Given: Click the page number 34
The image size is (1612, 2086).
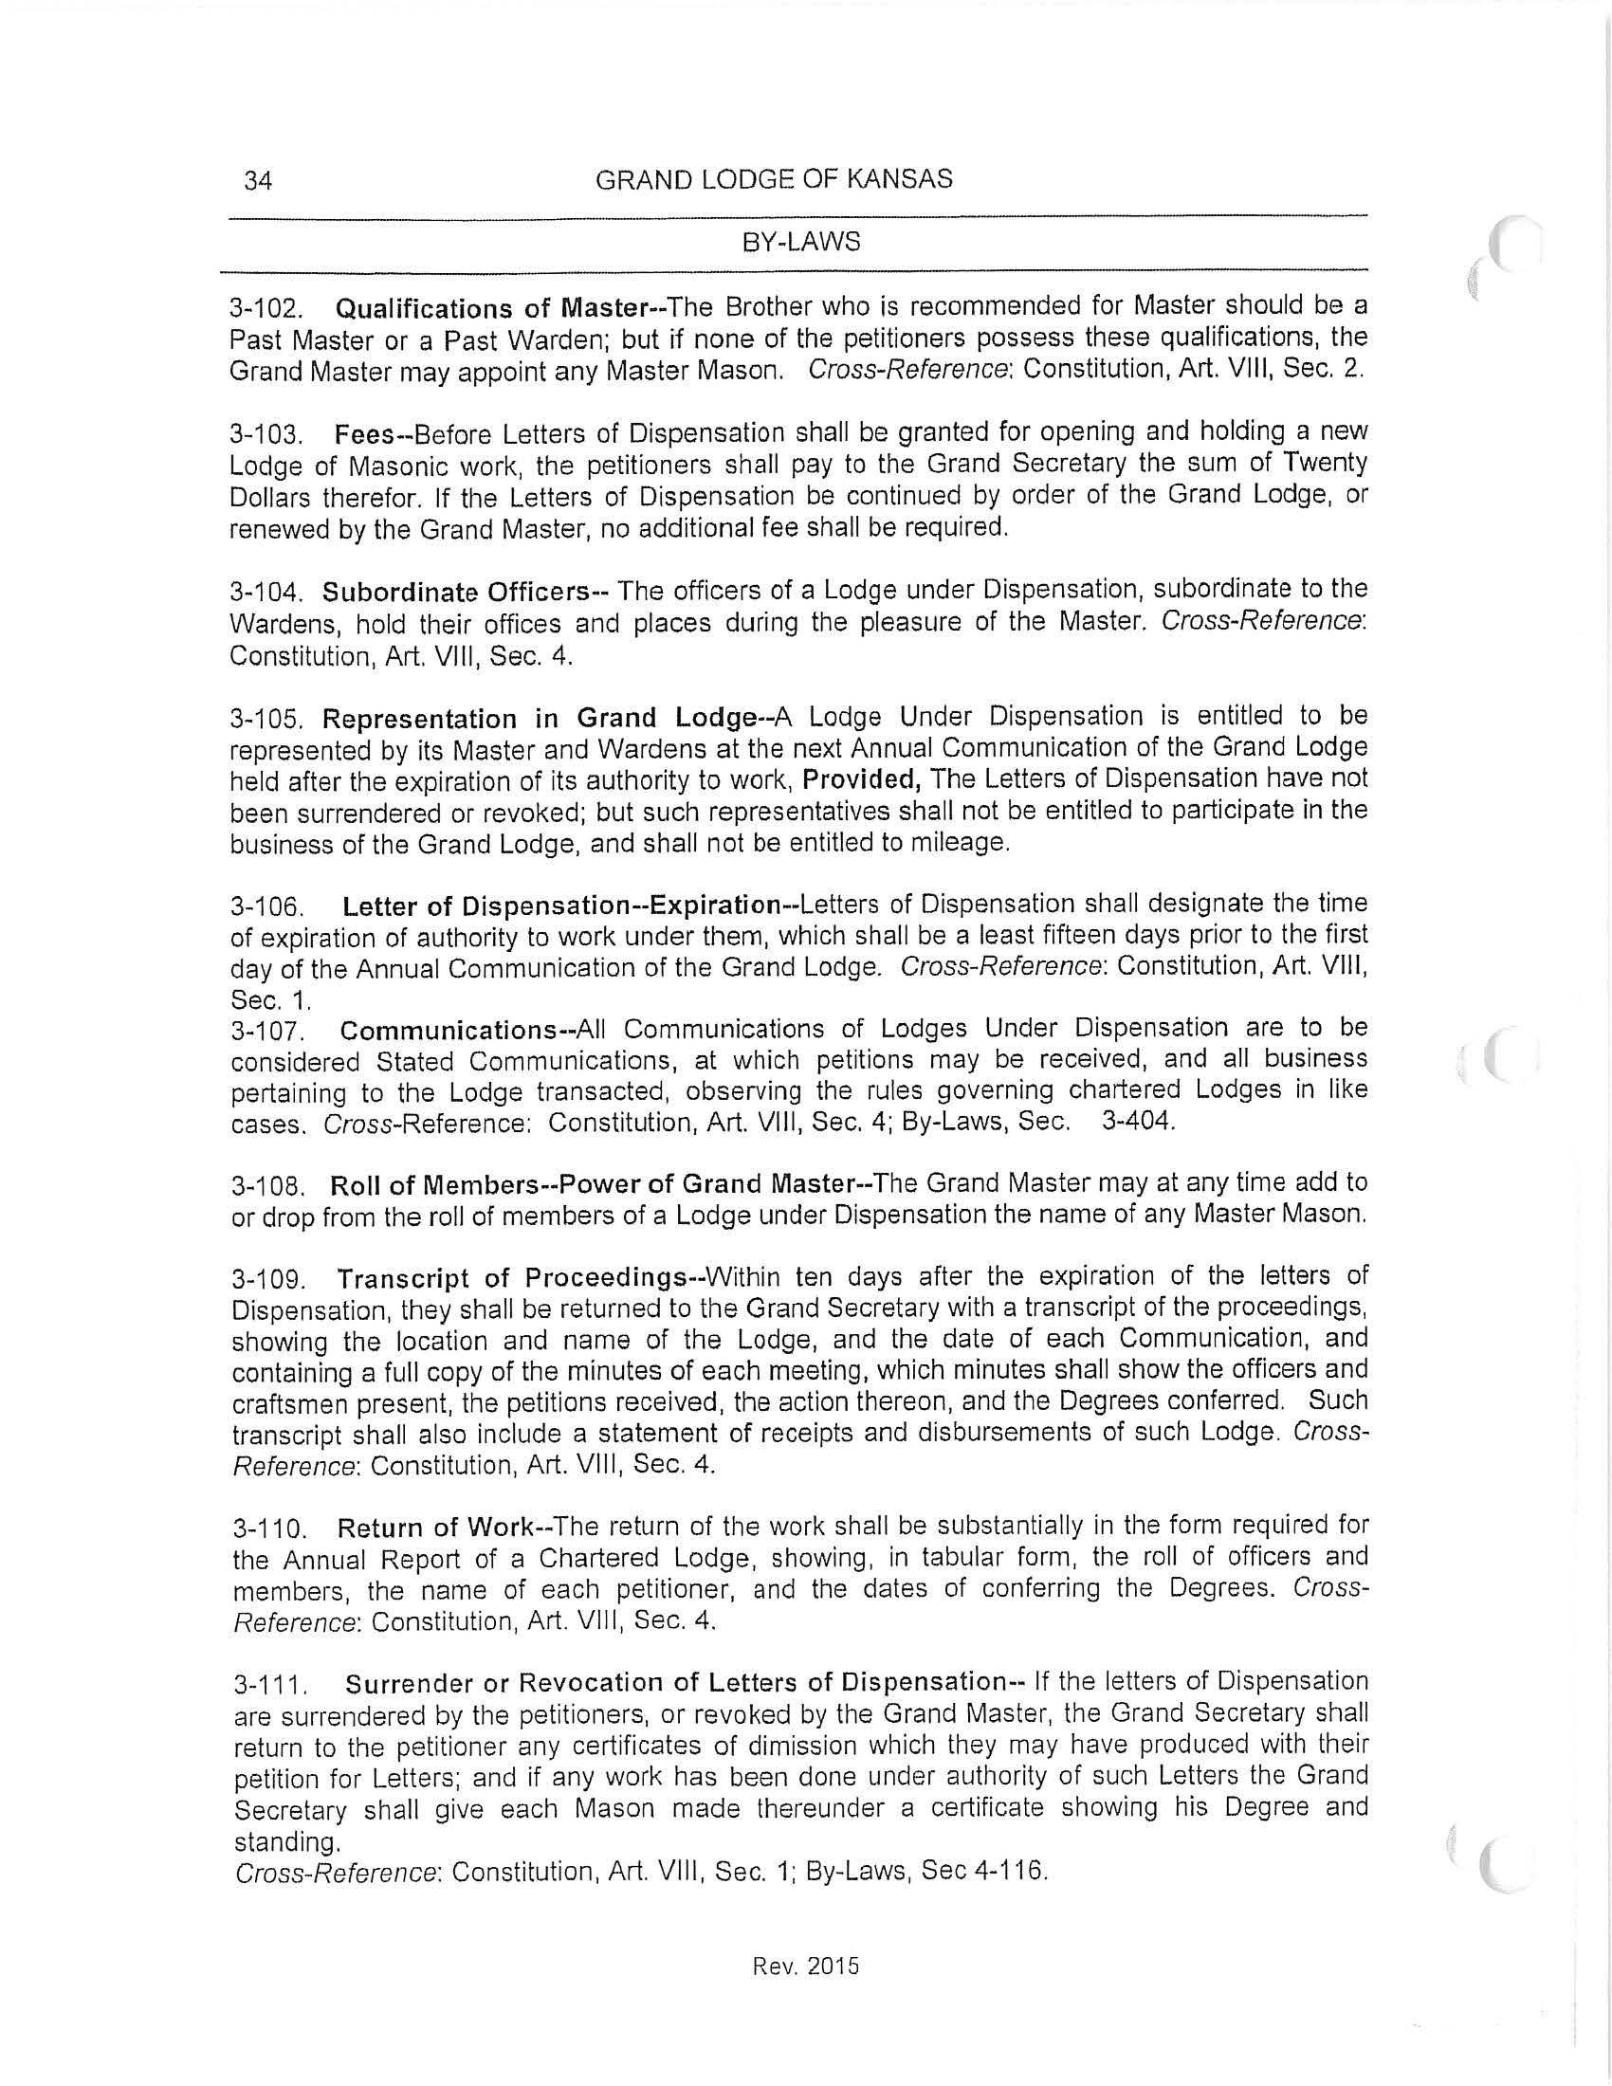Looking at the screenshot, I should click(258, 180).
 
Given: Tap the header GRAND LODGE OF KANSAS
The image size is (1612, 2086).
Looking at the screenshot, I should click(774, 179).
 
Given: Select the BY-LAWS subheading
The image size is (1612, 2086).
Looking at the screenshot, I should click(801, 243).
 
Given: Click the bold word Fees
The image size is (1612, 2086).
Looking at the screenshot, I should click(364, 434).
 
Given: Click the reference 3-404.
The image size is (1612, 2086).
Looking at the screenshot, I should click(1136, 1122).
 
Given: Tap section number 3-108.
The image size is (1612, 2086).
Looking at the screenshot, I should click(268, 1187).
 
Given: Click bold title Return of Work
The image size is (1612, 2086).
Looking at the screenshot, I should click(439, 1528).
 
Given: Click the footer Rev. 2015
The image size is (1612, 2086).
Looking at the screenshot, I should click(806, 1966).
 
